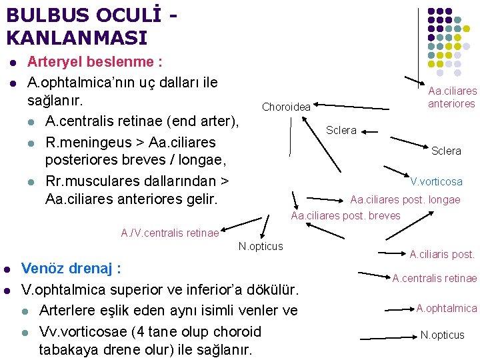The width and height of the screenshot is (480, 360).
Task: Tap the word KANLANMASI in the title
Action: (77, 38)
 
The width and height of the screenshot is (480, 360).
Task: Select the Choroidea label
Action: (286, 107)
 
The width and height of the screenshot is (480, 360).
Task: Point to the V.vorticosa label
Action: (436, 181)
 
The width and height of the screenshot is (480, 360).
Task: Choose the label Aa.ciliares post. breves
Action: (345, 215)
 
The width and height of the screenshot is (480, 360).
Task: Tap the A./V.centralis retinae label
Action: (169, 233)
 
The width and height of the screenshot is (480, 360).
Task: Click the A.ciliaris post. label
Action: (442, 254)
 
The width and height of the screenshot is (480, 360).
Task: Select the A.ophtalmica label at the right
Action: (447, 308)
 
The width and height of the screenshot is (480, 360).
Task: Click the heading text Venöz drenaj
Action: (70, 269)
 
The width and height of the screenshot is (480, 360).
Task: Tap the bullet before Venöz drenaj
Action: (6, 270)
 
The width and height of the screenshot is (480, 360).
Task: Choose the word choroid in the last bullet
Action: (235, 331)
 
